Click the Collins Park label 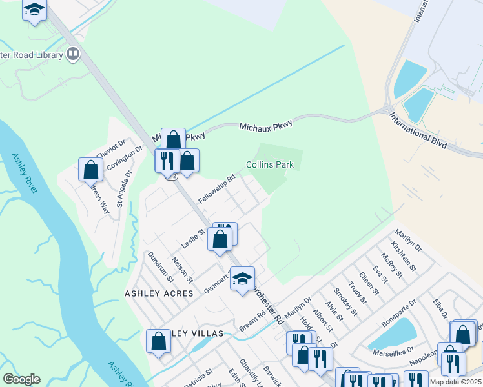pos(270,164)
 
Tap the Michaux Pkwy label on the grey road pos(266,123)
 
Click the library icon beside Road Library pos(73,54)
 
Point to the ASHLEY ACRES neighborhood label pos(159,293)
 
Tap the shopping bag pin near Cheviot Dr pos(91,170)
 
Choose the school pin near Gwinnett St pos(242,279)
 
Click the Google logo pos(21,379)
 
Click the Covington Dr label pos(125,158)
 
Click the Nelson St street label pos(182,269)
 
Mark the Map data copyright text pos(456,382)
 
